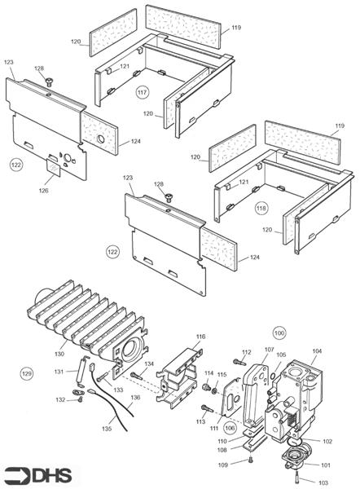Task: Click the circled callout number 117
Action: pyautogui.click(x=143, y=91)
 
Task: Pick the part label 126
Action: pyautogui.click(x=43, y=191)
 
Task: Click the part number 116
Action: pyautogui.click(x=200, y=336)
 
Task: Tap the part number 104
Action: pyautogui.click(x=317, y=350)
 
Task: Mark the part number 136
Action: pyautogui.click(x=137, y=398)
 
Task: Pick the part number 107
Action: pyautogui.click(x=268, y=350)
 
